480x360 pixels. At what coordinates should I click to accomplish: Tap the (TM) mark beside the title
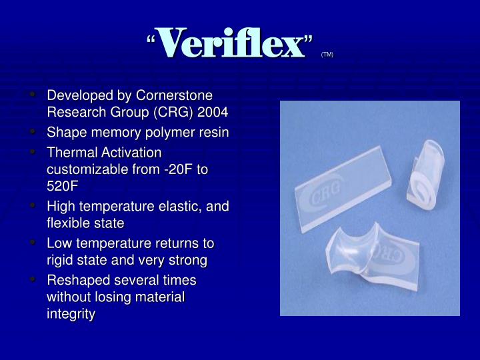click(327, 54)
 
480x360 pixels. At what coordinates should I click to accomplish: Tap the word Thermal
click(69, 153)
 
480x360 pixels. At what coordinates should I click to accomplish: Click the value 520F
click(62, 185)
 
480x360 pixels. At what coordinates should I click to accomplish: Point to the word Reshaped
click(75, 281)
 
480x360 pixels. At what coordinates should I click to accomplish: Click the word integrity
click(71, 313)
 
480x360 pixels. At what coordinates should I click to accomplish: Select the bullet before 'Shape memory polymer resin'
click(33, 131)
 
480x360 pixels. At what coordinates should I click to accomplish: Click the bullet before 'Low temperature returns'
click(33, 243)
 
